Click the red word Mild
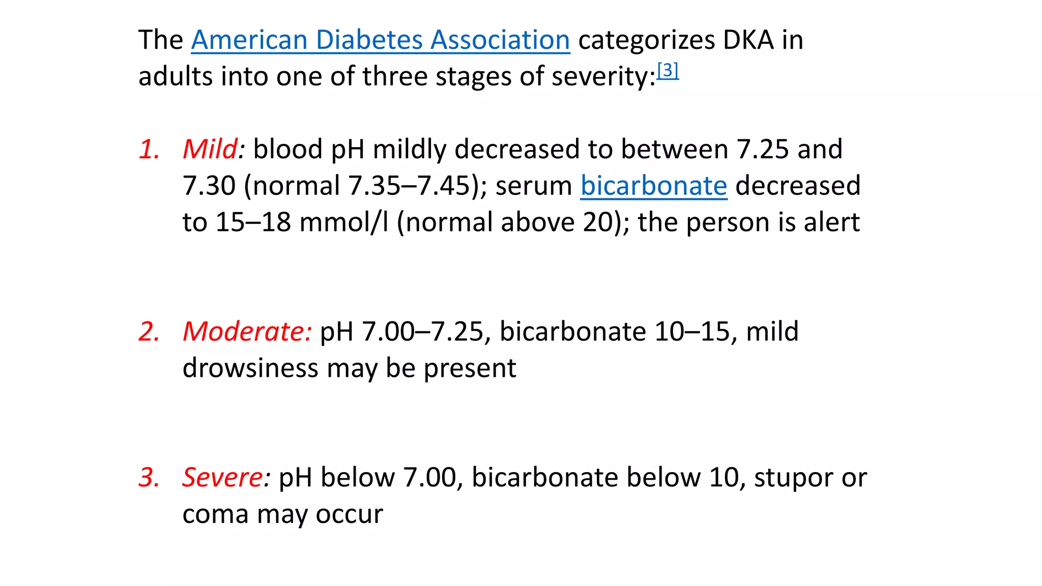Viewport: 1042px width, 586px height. pyautogui.click(x=210, y=149)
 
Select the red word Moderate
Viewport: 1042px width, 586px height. pyautogui.click(x=246, y=331)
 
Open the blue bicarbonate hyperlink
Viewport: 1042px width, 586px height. pyautogui.click(x=654, y=186)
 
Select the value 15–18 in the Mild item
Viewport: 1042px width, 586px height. pyautogui.click(x=253, y=222)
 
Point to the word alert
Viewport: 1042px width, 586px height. pyautogui.click(x=831, y=222)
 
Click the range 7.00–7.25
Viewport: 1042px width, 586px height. pyautogui.click(x=422, y=331)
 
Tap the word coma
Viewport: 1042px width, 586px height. pyautogui.click(x=216, y=514)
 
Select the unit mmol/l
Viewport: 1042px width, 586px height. pyautogui.click(x=344, y=222)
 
